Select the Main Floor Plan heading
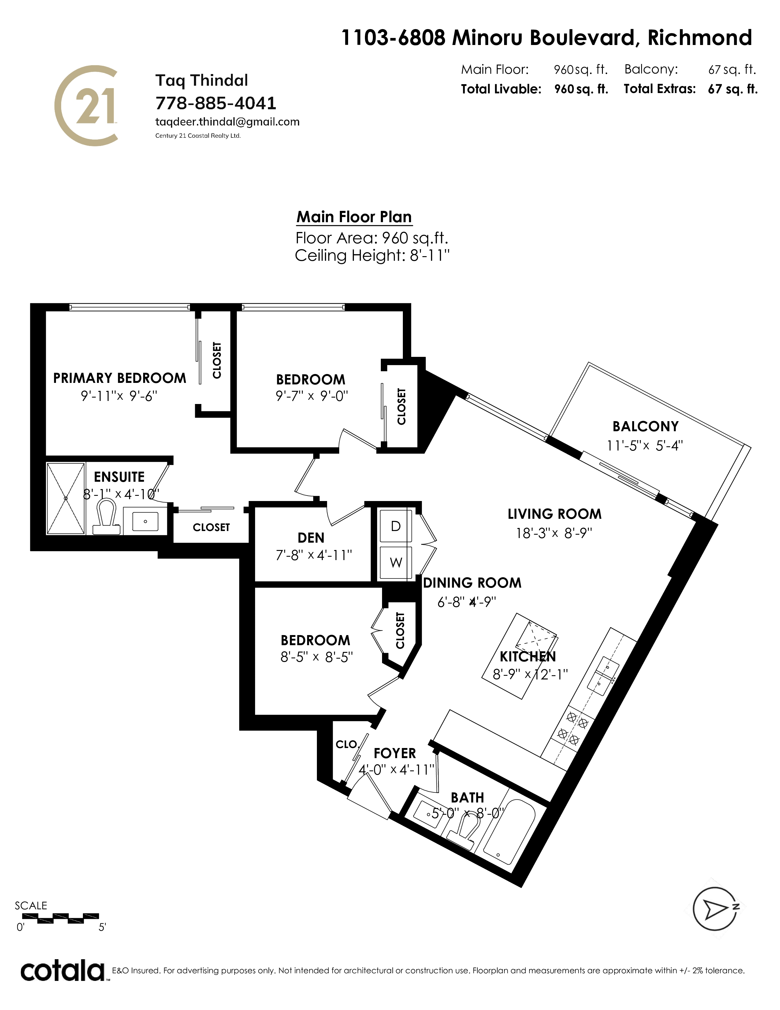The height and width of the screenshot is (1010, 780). (354, 217)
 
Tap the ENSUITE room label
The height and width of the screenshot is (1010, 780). (119, 477)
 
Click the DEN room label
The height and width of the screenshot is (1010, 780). (311, 537)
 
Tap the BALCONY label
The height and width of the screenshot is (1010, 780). (645, 426)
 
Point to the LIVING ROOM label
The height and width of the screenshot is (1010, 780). (555, 514)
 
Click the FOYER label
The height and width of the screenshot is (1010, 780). (395, 753)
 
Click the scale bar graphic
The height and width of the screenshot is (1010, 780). (57, 918)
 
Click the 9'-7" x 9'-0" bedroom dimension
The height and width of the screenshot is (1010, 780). (311, 396)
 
